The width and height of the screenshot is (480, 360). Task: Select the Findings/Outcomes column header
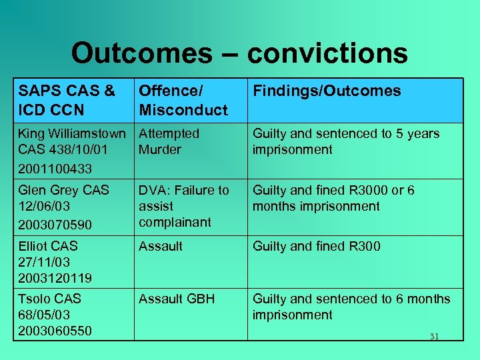[327, 91]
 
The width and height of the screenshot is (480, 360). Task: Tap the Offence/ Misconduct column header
[183, 100]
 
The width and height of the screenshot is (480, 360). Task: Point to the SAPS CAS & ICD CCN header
[67, 100]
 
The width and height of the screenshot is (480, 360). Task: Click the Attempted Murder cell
[169, 141]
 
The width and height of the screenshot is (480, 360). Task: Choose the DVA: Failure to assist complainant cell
[183, 206]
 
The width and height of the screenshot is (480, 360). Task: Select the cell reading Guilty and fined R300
[316, 247]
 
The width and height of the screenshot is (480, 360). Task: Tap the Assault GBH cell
[177, 299]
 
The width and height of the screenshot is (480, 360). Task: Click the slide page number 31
[434, 337]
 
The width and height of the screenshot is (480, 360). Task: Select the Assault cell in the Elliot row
[160, 247]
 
